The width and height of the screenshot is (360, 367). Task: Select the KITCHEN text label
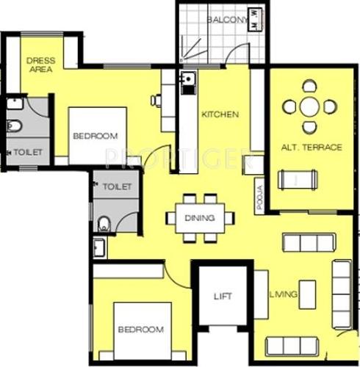[220, 114]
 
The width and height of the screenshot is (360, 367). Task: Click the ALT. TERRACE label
[312, 148]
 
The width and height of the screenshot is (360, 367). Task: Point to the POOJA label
[260, 198]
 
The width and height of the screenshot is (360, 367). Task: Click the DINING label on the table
[201, 218]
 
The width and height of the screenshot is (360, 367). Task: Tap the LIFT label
[223, 297]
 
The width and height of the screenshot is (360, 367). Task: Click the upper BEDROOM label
[96, 137]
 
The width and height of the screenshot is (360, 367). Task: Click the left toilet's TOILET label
[26, 152]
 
